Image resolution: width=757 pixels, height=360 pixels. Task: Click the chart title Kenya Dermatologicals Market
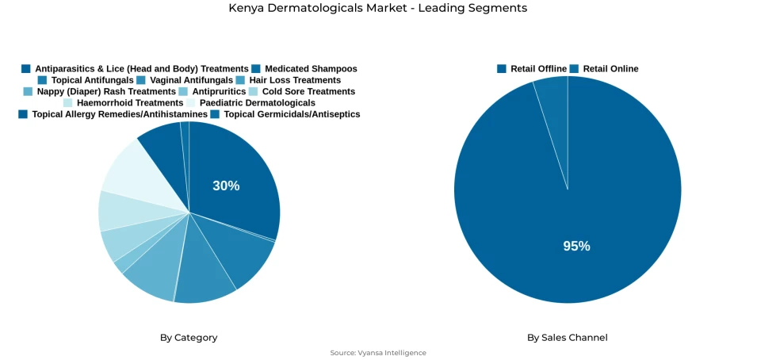377,8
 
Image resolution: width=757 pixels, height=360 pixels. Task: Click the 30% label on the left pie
226,186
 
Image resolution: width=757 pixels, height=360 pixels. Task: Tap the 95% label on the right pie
576,246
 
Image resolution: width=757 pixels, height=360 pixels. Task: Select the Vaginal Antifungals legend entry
191,80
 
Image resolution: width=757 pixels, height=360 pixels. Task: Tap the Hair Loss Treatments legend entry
294,80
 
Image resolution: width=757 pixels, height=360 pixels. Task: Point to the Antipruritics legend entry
219,92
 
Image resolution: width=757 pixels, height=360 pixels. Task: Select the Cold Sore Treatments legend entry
308,92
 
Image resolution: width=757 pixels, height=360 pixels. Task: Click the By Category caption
189,338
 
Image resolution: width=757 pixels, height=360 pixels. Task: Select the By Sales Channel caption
568,338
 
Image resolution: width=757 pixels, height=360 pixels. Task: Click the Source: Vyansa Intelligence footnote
378,353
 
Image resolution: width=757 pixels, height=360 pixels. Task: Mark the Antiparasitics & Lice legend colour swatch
26,69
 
